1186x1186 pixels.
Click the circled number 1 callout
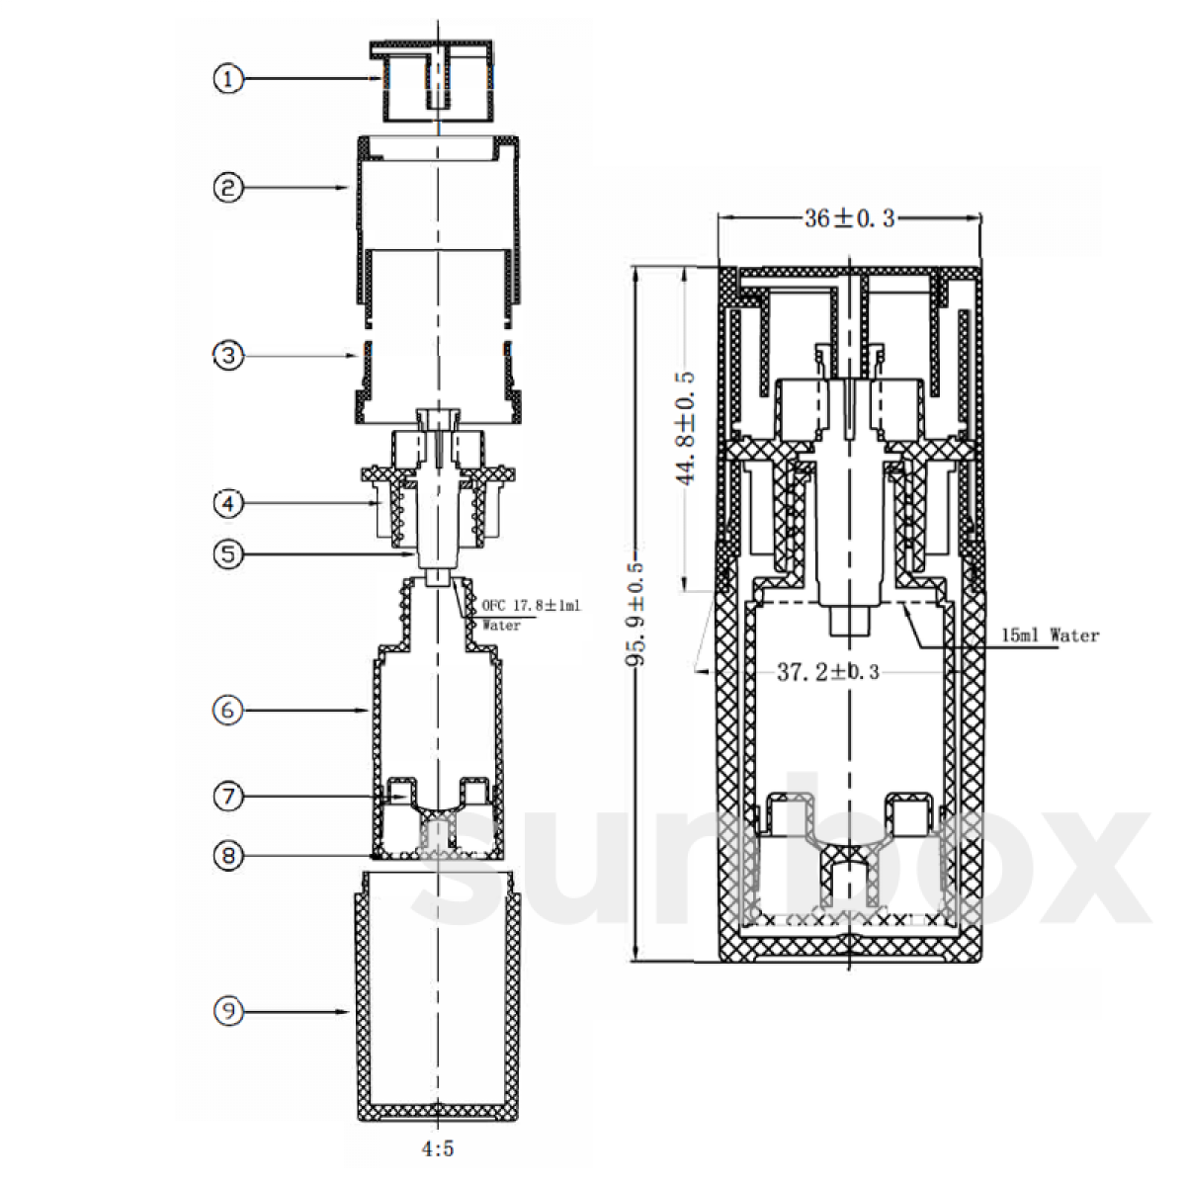point(228,79)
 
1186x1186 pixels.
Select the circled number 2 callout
point(228,187)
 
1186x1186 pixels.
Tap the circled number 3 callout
point(228,355)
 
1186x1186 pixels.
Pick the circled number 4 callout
point(228,503)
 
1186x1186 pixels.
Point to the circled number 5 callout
point(228,553)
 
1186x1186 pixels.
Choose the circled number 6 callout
point(228,711)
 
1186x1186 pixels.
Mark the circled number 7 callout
point(228,797)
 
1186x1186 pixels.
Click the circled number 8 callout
point(228,856)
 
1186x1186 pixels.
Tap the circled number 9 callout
point(228,1011)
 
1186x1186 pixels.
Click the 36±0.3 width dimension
point(849,217)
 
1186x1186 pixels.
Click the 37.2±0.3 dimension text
point(828,672)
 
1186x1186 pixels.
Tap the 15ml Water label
point(1050,635)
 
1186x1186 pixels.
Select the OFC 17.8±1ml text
point(531,606)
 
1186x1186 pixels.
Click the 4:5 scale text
point(438,1148)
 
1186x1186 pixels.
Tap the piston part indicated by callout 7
point(438,813)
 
